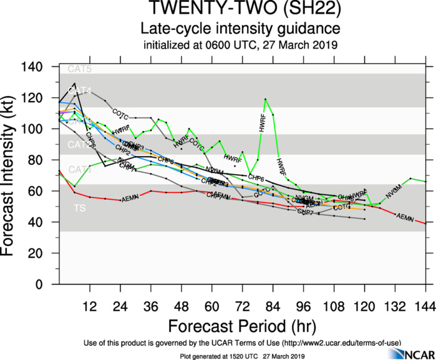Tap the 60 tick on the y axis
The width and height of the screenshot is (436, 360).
(45, 192)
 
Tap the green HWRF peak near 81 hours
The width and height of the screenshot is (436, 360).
(265, 99)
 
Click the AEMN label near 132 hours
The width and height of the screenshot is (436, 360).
(405, 218)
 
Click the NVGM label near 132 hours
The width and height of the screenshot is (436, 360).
(394, 194)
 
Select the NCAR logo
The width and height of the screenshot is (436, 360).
(408, 354)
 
